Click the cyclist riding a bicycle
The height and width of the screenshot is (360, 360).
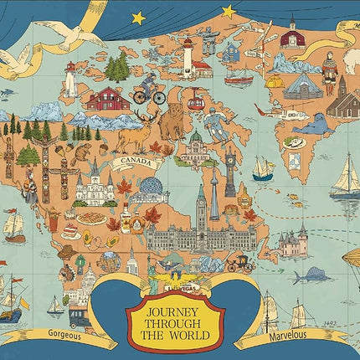(x=150, y=90)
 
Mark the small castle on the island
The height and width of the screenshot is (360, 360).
(x=293, y=242)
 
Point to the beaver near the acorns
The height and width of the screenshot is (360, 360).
(x=81, y=154)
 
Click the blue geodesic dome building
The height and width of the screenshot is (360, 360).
(x=153, y=188)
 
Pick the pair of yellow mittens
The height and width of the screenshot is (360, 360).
(x=273, y=80)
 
